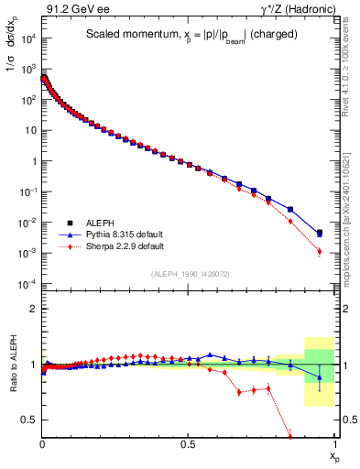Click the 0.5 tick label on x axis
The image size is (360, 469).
[188, 443]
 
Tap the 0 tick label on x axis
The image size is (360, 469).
[42, 443]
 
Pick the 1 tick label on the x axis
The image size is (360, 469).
[334, 443]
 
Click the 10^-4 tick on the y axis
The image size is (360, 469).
[27, 284]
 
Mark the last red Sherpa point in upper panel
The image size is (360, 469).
[319, 251]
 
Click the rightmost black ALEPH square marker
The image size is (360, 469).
[319, 234]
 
